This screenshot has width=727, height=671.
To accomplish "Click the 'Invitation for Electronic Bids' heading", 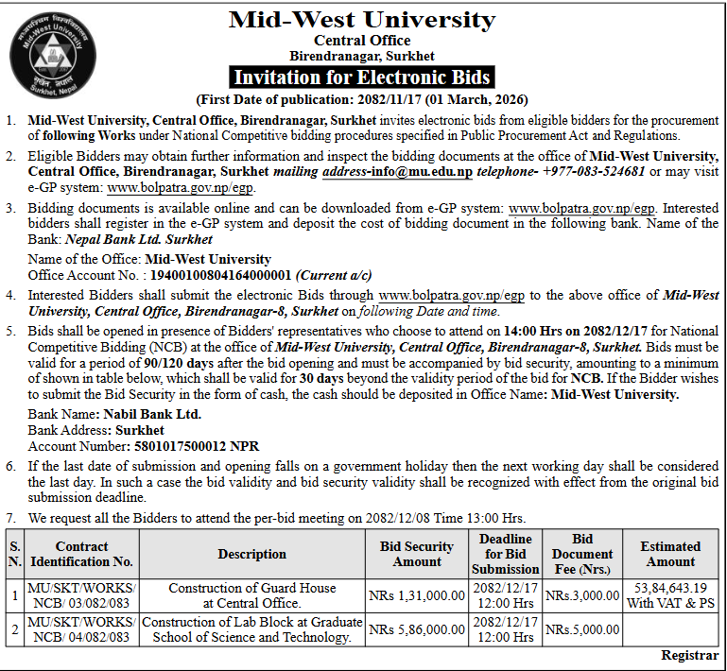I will [x=362, y=77].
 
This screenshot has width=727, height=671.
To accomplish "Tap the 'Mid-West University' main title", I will [x=362, y=20].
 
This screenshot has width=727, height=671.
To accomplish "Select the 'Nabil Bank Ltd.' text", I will [x=148, y=414].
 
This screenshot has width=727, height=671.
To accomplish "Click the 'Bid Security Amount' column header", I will [x=417, y=554].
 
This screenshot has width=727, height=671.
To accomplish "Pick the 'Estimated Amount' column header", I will [x=670, y=554].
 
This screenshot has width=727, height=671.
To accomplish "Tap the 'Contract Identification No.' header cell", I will [x=82, y=554].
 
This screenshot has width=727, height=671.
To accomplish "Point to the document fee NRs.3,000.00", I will [x=582, y=595].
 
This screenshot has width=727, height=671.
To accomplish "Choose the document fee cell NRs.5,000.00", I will [x=582, y=629].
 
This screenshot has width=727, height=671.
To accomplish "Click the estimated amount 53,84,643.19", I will [x=670, y=588].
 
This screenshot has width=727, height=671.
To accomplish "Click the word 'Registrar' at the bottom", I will [x=689, y=655].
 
